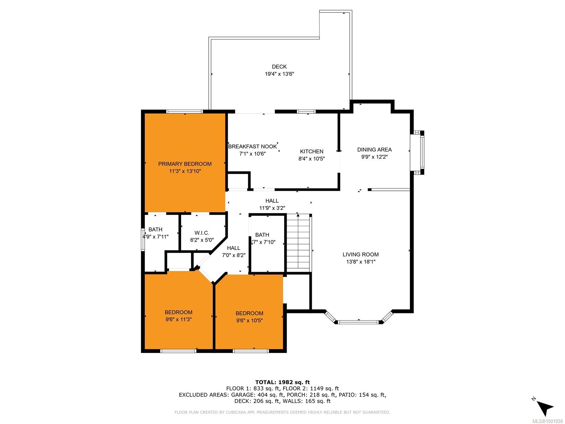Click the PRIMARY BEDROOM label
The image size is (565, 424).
(x=185, y=164)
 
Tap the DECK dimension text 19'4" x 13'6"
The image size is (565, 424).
(x=279, y=74)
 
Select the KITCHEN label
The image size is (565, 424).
(x=311, y=151)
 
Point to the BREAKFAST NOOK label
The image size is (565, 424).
(x=252, y=147)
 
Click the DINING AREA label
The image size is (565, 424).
(x=374, y=149)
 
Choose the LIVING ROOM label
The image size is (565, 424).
(x=361, y=254)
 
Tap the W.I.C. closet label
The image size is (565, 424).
(x=202, y=233)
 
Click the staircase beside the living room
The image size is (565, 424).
(x=298, y=243)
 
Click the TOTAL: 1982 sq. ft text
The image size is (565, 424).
(x=282, y=382)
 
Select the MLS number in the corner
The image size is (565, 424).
(x=547, y=421)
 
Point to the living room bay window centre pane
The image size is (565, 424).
(x=358, y=322)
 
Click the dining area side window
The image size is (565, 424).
(x=421, y=152)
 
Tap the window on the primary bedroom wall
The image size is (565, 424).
(x=185, y=111)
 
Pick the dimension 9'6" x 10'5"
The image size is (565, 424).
(x=249, y=320)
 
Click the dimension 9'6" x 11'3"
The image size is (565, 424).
(x=178, y=319)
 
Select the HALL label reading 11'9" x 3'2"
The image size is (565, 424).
(x=272, y=205)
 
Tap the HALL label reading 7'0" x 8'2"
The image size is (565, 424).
(x=233, y=252)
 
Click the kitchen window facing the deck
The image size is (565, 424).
(x=306, y=111)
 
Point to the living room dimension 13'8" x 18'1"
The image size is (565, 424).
(x=361, y=262)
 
